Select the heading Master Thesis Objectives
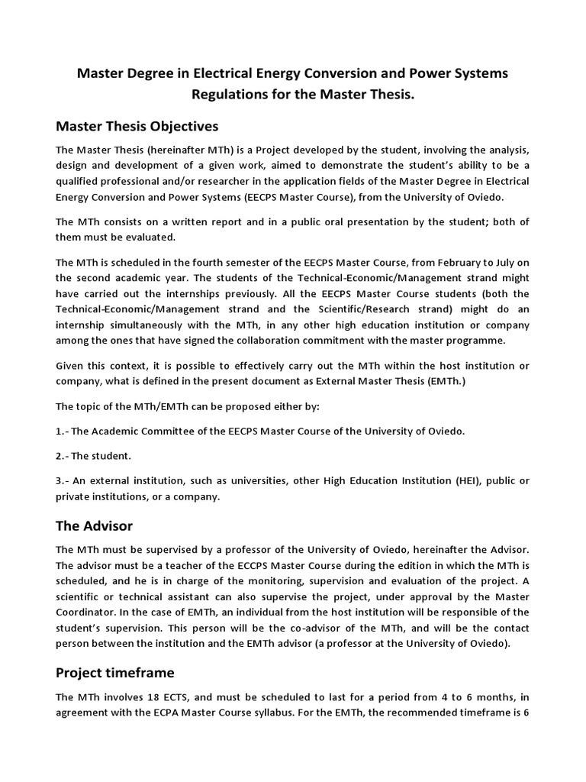137,125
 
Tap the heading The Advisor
95,525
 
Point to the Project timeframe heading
115,672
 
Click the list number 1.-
63,431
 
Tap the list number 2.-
63,456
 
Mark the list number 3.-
63,480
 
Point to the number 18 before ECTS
143,697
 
